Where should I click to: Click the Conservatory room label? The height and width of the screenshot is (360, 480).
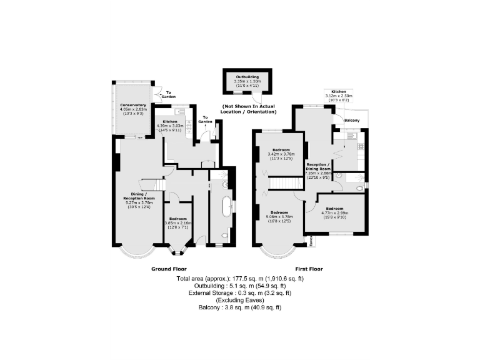point(132,105)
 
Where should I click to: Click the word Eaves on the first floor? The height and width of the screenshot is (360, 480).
point(310,239)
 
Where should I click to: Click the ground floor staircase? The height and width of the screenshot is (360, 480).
point(152,186)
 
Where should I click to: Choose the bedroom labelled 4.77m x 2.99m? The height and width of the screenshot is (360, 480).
point(334,212)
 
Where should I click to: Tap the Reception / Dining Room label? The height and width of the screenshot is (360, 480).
point(318,167)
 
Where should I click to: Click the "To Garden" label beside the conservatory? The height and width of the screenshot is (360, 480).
point(168,95)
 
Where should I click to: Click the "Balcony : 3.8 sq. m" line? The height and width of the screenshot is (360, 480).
point(240,307)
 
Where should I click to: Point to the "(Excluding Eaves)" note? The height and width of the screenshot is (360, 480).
point(240,300)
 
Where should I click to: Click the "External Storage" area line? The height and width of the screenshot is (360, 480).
point(240,292)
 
